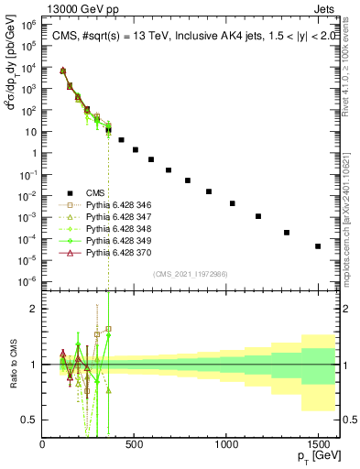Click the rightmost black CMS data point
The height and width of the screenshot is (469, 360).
(318, 246)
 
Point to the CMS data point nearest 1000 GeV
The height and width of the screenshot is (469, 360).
(233, 203)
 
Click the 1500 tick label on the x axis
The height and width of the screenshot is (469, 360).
(318, 444)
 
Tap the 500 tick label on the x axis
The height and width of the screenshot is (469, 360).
(135, 444)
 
